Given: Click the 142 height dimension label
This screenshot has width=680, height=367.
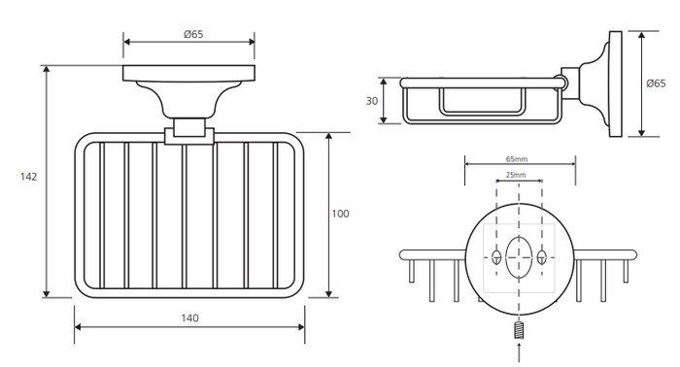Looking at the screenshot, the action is (28, 177).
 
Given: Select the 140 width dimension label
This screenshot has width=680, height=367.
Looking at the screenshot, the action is (190, 318).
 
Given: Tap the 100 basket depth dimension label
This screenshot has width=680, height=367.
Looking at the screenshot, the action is (340, 214).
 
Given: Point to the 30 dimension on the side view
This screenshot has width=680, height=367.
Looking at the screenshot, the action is (372, 101).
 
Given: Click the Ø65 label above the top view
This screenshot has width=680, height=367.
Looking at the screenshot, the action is (193, 34).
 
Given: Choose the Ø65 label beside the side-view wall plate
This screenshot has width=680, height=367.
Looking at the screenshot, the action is (656, 83).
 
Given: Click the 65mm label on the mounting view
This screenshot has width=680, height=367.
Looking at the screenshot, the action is (517, 159).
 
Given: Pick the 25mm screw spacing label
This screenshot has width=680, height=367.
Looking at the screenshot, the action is (516, 175).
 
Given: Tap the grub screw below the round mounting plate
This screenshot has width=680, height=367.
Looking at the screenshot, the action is (519, 330).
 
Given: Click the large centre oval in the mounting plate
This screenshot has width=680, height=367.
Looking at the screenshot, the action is (519, 257).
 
